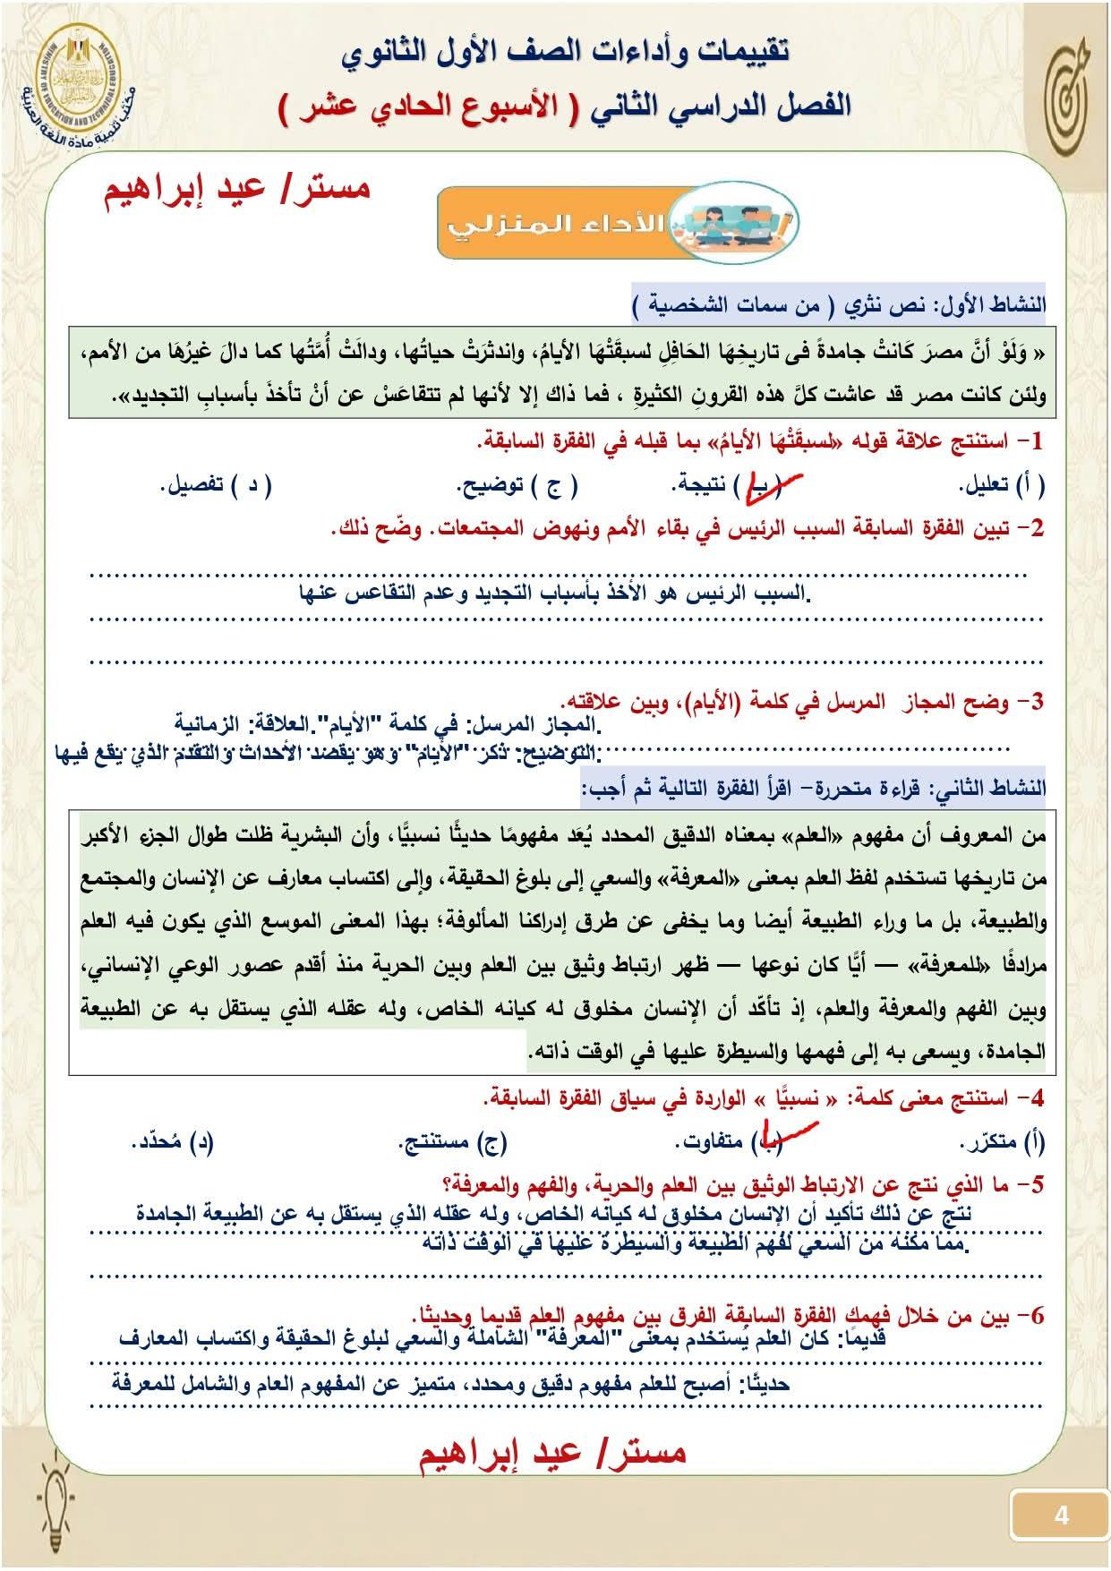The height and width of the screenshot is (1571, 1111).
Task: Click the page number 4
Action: tap(1061, 1515)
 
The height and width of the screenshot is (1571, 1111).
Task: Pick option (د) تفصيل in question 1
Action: tap(215, 485)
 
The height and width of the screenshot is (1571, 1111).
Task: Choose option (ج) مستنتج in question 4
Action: tap(452, 1141)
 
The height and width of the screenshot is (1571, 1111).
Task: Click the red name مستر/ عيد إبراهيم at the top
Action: tap(237, 190)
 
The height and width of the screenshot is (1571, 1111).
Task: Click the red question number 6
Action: tap(1036, 1317)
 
